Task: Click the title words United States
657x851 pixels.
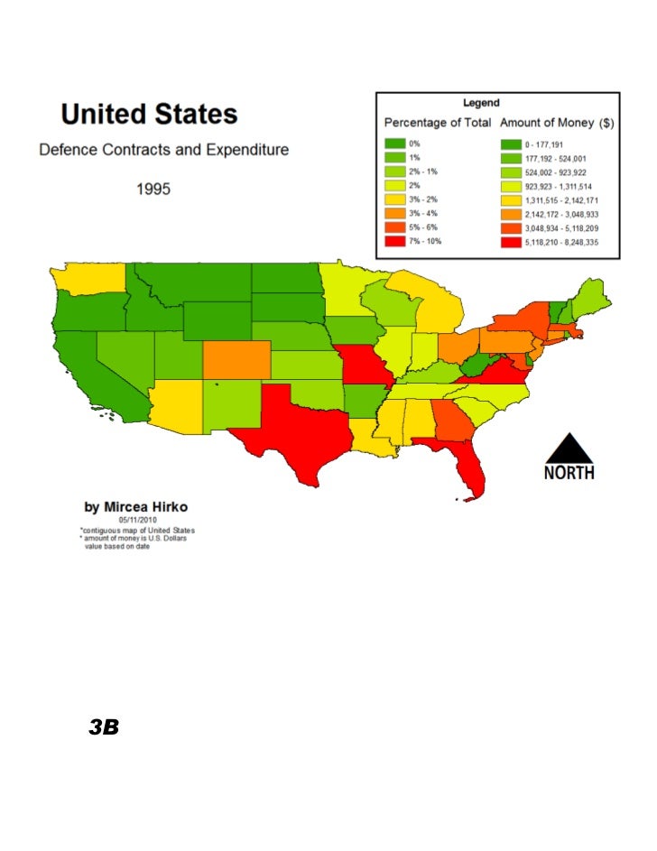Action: click(149, 116)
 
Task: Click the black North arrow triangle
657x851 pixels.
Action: click(568, 449)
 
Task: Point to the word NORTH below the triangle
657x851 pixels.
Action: click(569, 472)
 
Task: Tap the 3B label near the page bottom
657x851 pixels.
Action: click(105, 727)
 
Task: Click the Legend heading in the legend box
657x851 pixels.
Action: click(482, 103)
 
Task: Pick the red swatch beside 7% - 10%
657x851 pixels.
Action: click(395, 242)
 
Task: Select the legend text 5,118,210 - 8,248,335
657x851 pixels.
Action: click(561, 242)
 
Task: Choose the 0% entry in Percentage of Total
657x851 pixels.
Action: click(414, 143)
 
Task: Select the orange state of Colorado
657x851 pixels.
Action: click(235, 358)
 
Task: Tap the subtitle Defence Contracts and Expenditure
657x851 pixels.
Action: click(163, 150)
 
